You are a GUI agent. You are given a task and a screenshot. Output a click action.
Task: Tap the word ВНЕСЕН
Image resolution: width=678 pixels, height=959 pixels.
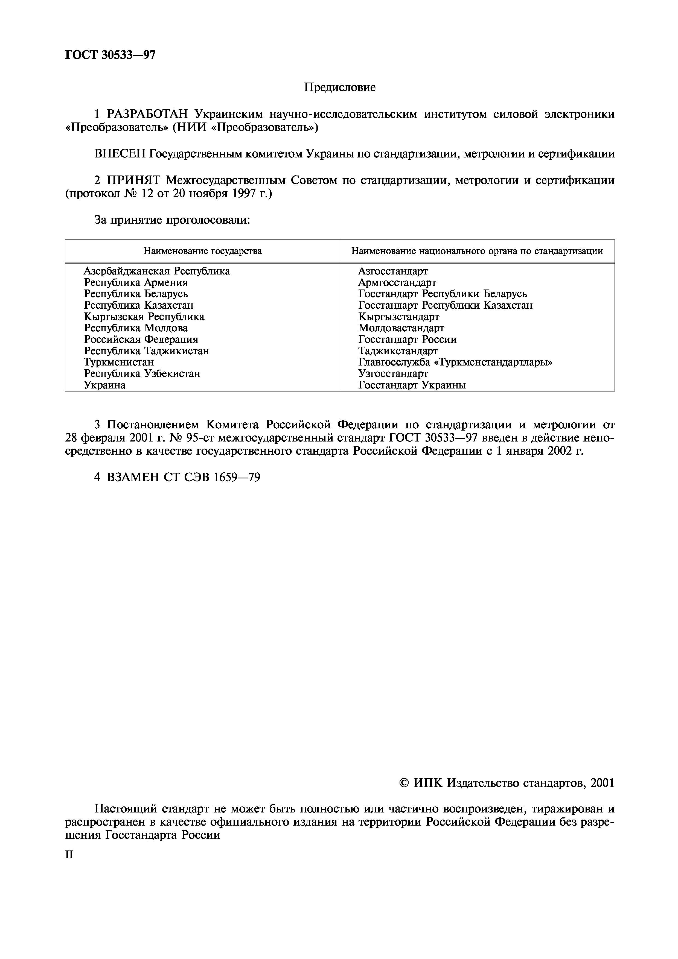pyautogui.click(x=120, y=154)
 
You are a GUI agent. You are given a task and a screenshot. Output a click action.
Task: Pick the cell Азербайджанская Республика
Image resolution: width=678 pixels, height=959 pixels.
pyautogui.click(x=157, y=271)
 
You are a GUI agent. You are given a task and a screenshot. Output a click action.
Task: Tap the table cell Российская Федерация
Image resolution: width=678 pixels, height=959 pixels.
pyautogui.click(x=141, y=339)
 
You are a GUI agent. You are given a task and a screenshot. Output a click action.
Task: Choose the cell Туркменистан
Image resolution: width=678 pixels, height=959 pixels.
pyautogui.click(x=119, y=362)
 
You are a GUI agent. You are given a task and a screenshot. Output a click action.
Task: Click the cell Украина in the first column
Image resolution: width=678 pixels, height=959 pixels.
pyautogui.click(x=104, y=385)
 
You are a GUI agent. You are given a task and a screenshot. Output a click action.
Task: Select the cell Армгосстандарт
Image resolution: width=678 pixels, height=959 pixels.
pyautogui.click(x=397, y=283)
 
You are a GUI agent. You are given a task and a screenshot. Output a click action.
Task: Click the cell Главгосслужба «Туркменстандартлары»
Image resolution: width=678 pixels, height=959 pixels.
pyautogui.click(x=455, y=362)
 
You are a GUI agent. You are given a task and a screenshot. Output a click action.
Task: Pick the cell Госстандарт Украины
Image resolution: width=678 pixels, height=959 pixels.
pyautogui.click(x=412, y=385)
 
